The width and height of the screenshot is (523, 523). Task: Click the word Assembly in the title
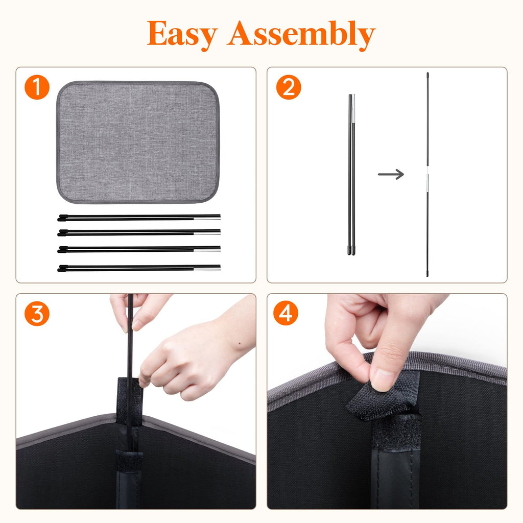301,34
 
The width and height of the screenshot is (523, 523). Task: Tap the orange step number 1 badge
37,87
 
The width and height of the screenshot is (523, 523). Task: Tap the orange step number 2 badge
289,87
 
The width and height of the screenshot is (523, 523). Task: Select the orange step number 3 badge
37,314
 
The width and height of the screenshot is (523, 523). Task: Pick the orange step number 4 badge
286,313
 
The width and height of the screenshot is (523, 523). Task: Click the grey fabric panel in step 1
138,142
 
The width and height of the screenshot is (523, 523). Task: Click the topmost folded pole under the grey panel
139,218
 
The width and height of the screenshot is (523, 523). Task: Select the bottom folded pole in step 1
139,268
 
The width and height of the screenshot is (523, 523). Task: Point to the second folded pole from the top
139,232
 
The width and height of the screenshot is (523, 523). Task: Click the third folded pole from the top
139,249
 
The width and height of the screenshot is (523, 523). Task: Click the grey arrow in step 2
391,174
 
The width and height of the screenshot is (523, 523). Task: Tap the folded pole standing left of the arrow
351,175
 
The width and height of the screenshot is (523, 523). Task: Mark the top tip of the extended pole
427,73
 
